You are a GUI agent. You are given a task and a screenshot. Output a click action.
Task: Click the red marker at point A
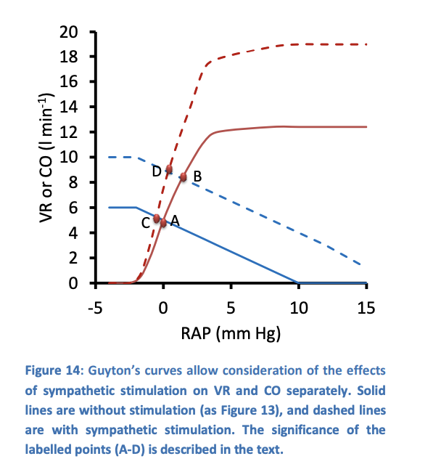(x=163, y=223)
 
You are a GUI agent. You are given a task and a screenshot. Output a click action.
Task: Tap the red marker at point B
(x=184, y=176)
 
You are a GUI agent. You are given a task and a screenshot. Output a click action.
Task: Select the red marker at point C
(x=157, y=218)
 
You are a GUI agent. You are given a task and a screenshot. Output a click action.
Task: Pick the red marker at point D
(x=169, y=170)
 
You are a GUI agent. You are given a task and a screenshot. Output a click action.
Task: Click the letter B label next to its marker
(x=197, y=175)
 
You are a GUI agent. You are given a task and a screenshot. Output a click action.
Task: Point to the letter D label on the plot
(x=156, y=171)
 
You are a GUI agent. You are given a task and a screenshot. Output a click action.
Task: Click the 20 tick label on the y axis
(x=69, y=32)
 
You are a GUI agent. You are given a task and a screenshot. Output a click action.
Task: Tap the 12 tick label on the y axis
(x=69, y=132)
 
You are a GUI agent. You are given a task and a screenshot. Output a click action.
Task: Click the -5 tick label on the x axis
(x=94, y=307)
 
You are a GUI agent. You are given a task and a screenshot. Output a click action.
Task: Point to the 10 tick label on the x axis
(x=298, y=307)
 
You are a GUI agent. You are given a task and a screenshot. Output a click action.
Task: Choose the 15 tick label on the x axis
(x=366, y=307)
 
